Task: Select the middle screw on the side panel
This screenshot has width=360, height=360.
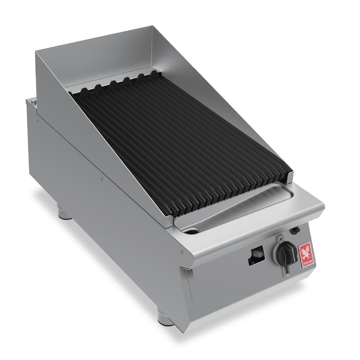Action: [101, 178]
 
